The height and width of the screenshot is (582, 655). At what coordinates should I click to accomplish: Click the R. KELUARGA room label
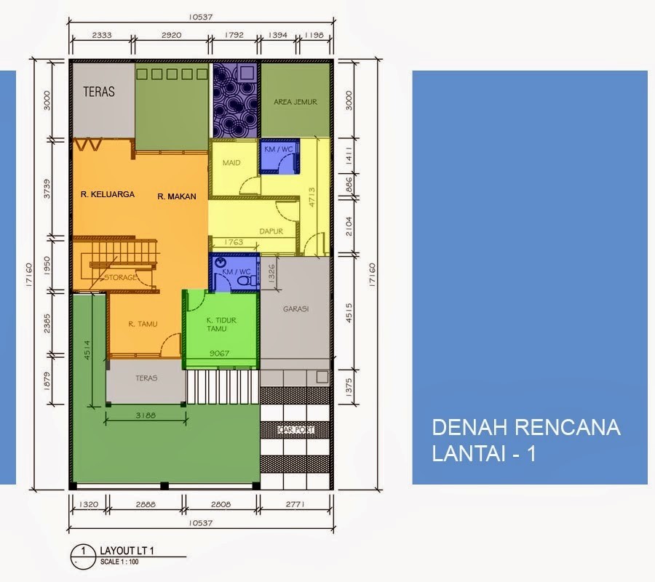click(108, 195)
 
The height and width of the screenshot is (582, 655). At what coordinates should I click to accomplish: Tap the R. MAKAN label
click(177, 196)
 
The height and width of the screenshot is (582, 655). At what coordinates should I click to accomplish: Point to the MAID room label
click(231, 163)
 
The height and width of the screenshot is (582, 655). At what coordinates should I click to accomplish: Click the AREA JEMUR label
click(295, 102)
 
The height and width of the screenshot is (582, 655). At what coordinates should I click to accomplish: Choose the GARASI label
click(297, 308)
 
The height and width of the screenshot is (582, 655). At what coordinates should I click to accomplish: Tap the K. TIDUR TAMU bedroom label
click(221, 324)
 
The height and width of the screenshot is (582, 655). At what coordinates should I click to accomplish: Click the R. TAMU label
click(143, 324)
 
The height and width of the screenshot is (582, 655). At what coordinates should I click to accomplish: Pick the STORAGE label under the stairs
click(119, 278)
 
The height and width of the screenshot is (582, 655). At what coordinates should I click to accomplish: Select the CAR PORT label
click(296, 430)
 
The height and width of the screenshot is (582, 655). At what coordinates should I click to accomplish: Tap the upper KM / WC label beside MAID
click(279, 148)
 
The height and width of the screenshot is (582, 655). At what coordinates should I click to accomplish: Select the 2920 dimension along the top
click(171, 34)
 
